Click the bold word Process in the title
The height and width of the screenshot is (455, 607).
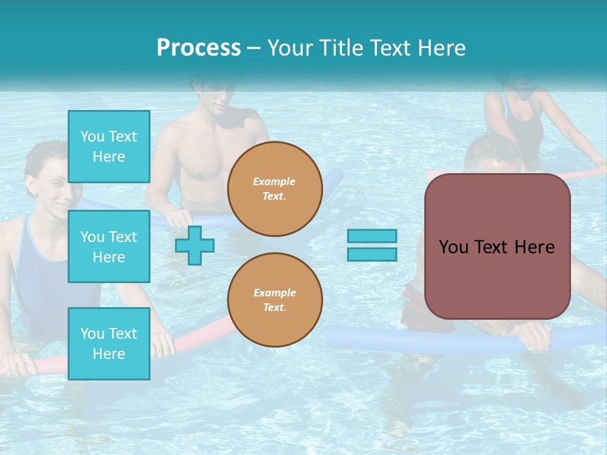point(199,48)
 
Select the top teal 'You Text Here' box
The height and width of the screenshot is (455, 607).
point(109,147)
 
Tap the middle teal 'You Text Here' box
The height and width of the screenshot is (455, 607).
point(109,246)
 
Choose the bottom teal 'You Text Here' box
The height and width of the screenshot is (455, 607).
point(109,343)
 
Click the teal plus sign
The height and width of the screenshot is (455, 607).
point(194,245)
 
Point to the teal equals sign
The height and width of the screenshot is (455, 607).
point(372,245)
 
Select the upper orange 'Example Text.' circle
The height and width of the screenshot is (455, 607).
point(274,189)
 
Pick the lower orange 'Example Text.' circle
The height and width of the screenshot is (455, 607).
point(274,300)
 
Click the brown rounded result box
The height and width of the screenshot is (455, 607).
point(497,246)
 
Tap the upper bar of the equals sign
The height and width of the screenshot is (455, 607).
point(372,236)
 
